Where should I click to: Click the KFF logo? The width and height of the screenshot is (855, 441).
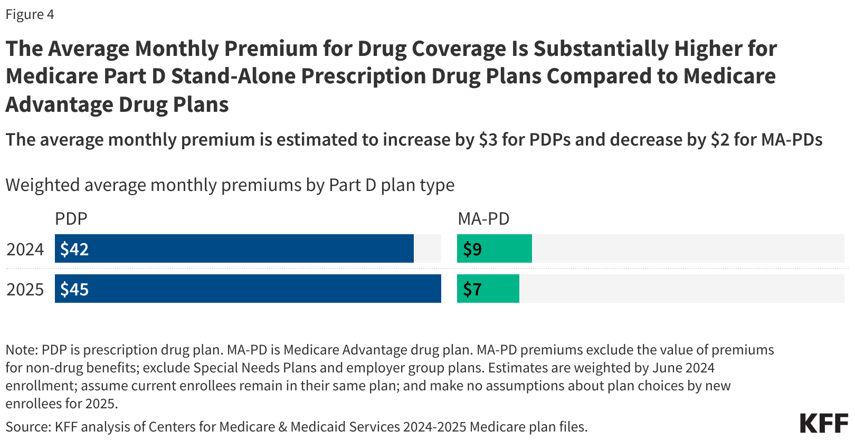coord(824,423)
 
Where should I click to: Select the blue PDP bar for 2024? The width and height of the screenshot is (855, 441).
coord(234,248)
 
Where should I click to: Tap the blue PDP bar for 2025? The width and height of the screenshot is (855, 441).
coord(248,289)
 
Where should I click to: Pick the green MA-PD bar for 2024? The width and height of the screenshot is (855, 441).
coord(495,248)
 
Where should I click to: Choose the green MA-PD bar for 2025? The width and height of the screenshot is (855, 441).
coord(488,289)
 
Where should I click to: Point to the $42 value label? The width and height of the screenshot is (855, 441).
coord(74,249)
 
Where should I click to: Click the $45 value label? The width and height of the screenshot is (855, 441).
coord(74,289)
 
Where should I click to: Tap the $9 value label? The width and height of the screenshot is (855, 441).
coord(472,249)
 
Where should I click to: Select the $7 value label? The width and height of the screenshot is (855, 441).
coord(472,289)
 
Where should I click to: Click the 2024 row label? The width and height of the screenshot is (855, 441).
coord(25,250)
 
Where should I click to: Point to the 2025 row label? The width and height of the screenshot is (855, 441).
coord(25,290)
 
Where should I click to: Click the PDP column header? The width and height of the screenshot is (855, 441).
coord(71,218)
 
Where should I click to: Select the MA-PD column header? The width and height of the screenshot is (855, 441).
coord(483,218)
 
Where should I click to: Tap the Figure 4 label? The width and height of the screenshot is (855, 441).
coord(30,14)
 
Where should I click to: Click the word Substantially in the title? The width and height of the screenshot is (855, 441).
coord(601,49)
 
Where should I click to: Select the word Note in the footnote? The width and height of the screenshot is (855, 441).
coord(20,350)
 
